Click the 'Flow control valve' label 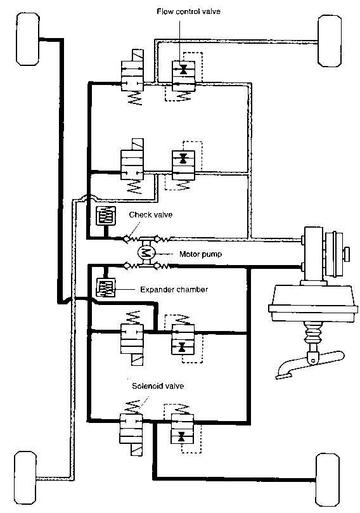(188, 11)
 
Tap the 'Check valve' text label (150, 214)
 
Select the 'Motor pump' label (200, 254)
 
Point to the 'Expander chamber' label (174, 290)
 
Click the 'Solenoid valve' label (158, 386)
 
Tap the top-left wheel (27, 39)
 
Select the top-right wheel (330, 41)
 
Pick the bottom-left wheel (25, 478)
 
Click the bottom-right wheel (327, 479)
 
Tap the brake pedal (309, 364)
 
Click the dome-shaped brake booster (313, 302)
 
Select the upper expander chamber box (106, 216)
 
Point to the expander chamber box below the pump (106, 288)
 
